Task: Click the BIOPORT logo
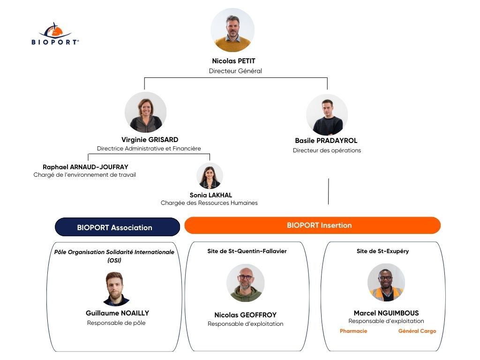(55, 34)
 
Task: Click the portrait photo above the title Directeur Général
(232, 30)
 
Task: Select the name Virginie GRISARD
(150, 140)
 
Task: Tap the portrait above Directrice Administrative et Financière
(146, 112)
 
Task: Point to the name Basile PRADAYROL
(326, 141)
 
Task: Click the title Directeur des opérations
(327, 150)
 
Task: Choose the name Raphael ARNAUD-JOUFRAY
(85, 167)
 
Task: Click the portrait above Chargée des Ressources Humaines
(210, 176)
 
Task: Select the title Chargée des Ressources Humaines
(209, 202)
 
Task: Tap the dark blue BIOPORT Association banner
(118, 227)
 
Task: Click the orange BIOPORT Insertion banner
(313, 225)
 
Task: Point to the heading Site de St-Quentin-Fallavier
(247, 251)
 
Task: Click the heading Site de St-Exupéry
(382, 251)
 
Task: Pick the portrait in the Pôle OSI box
(116, 289)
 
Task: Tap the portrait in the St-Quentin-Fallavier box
(246, 283)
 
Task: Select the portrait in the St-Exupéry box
(386, 282)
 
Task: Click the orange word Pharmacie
(353, 331)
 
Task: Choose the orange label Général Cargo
(417, 331)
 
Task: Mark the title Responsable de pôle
(116, 322)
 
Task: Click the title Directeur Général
(235, 71)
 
